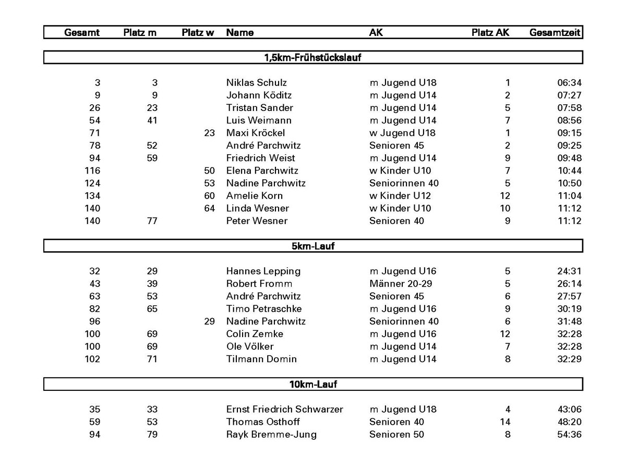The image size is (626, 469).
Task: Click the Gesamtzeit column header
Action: pyautogui.click(x=555, y=32)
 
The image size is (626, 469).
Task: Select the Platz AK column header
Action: pyautogui.click(x=490, y=32)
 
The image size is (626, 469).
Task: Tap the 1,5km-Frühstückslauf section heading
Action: pyautogui.click(x=313, y=57)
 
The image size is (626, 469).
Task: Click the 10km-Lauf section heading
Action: pyautogui.click(x=313, y=385)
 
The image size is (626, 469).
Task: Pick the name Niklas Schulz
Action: pyautogui.click(x=256, y=82)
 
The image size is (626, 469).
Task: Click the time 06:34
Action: pyautogui.click(x=569, y=82)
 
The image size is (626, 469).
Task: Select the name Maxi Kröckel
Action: pyautogui.click(x=256, y=133)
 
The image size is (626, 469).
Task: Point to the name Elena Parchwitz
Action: pyautogui.click(x=262, y=170)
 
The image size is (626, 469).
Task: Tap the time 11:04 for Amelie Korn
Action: pyautogui.click(x=569, y=195)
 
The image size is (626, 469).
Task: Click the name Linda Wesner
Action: pyautogui.click(x=258, y=208)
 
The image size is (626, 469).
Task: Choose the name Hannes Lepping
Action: pyautogui.click(x=263, y=271)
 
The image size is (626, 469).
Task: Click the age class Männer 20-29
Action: pyautogui.click(x=401, y=283)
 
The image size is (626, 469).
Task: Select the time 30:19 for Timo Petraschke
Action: pyautogui.click(x=569, y=308)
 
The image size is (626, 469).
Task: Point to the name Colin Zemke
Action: pyautogui.click(x=255, y=334)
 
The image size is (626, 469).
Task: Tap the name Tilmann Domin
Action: pyautogui.click(x=261, y=359)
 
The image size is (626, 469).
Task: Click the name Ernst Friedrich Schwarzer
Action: pyautogui.click(x=285, y=409)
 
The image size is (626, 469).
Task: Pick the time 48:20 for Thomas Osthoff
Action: pyautogui.click(x=569, y=422)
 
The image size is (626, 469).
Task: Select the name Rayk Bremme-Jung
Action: pyautogui.click(x=271, y=434)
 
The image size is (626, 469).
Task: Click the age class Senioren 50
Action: pyautogui.click(x=396, y=434)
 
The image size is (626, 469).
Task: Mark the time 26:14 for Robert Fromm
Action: pyautogui.click(x=569, y=283)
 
